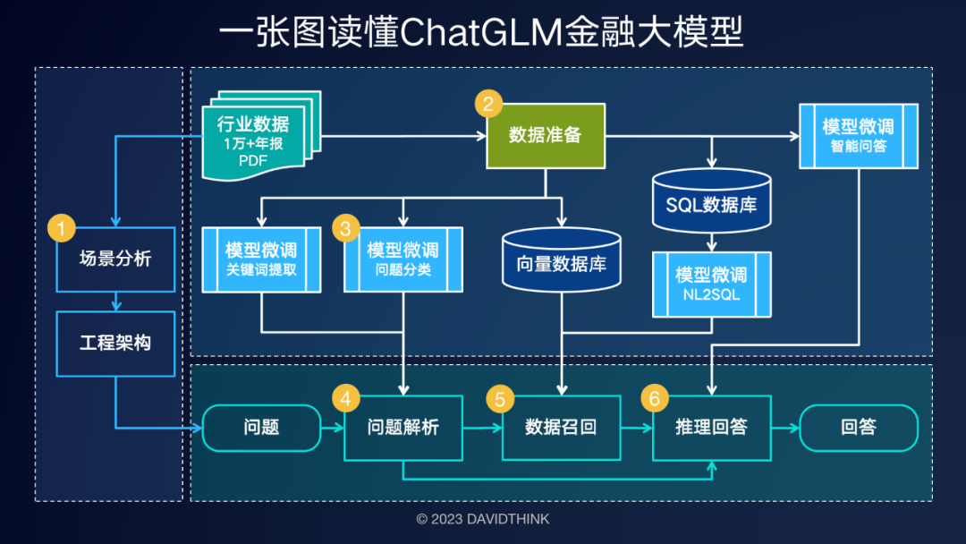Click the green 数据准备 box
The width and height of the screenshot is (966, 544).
coord(546,136)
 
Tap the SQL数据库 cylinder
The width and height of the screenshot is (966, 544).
coord(711,203)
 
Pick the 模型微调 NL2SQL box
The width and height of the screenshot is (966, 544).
coord(711,284)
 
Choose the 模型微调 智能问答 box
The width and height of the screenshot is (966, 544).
coord(859,136)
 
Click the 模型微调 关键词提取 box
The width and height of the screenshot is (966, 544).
coord(261,259)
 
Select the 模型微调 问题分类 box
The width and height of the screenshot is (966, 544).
coord(403,259)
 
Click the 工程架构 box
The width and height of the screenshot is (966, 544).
coord(115,344)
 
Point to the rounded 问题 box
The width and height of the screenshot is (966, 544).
coord(261,428)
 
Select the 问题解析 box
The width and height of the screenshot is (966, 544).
coord(403,428)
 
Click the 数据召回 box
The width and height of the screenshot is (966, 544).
coord(561,428)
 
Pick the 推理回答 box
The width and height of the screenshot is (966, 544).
coord(711,428)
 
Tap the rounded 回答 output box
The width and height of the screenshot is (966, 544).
coord(859,428)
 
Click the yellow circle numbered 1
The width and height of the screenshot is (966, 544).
coord(61,228)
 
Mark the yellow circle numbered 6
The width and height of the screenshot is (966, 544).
coord(654,396)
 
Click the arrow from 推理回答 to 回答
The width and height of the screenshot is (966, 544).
coord(784,428)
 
